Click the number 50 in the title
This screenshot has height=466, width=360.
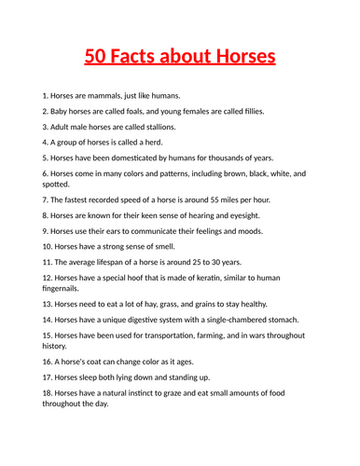(x=96, y=58)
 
